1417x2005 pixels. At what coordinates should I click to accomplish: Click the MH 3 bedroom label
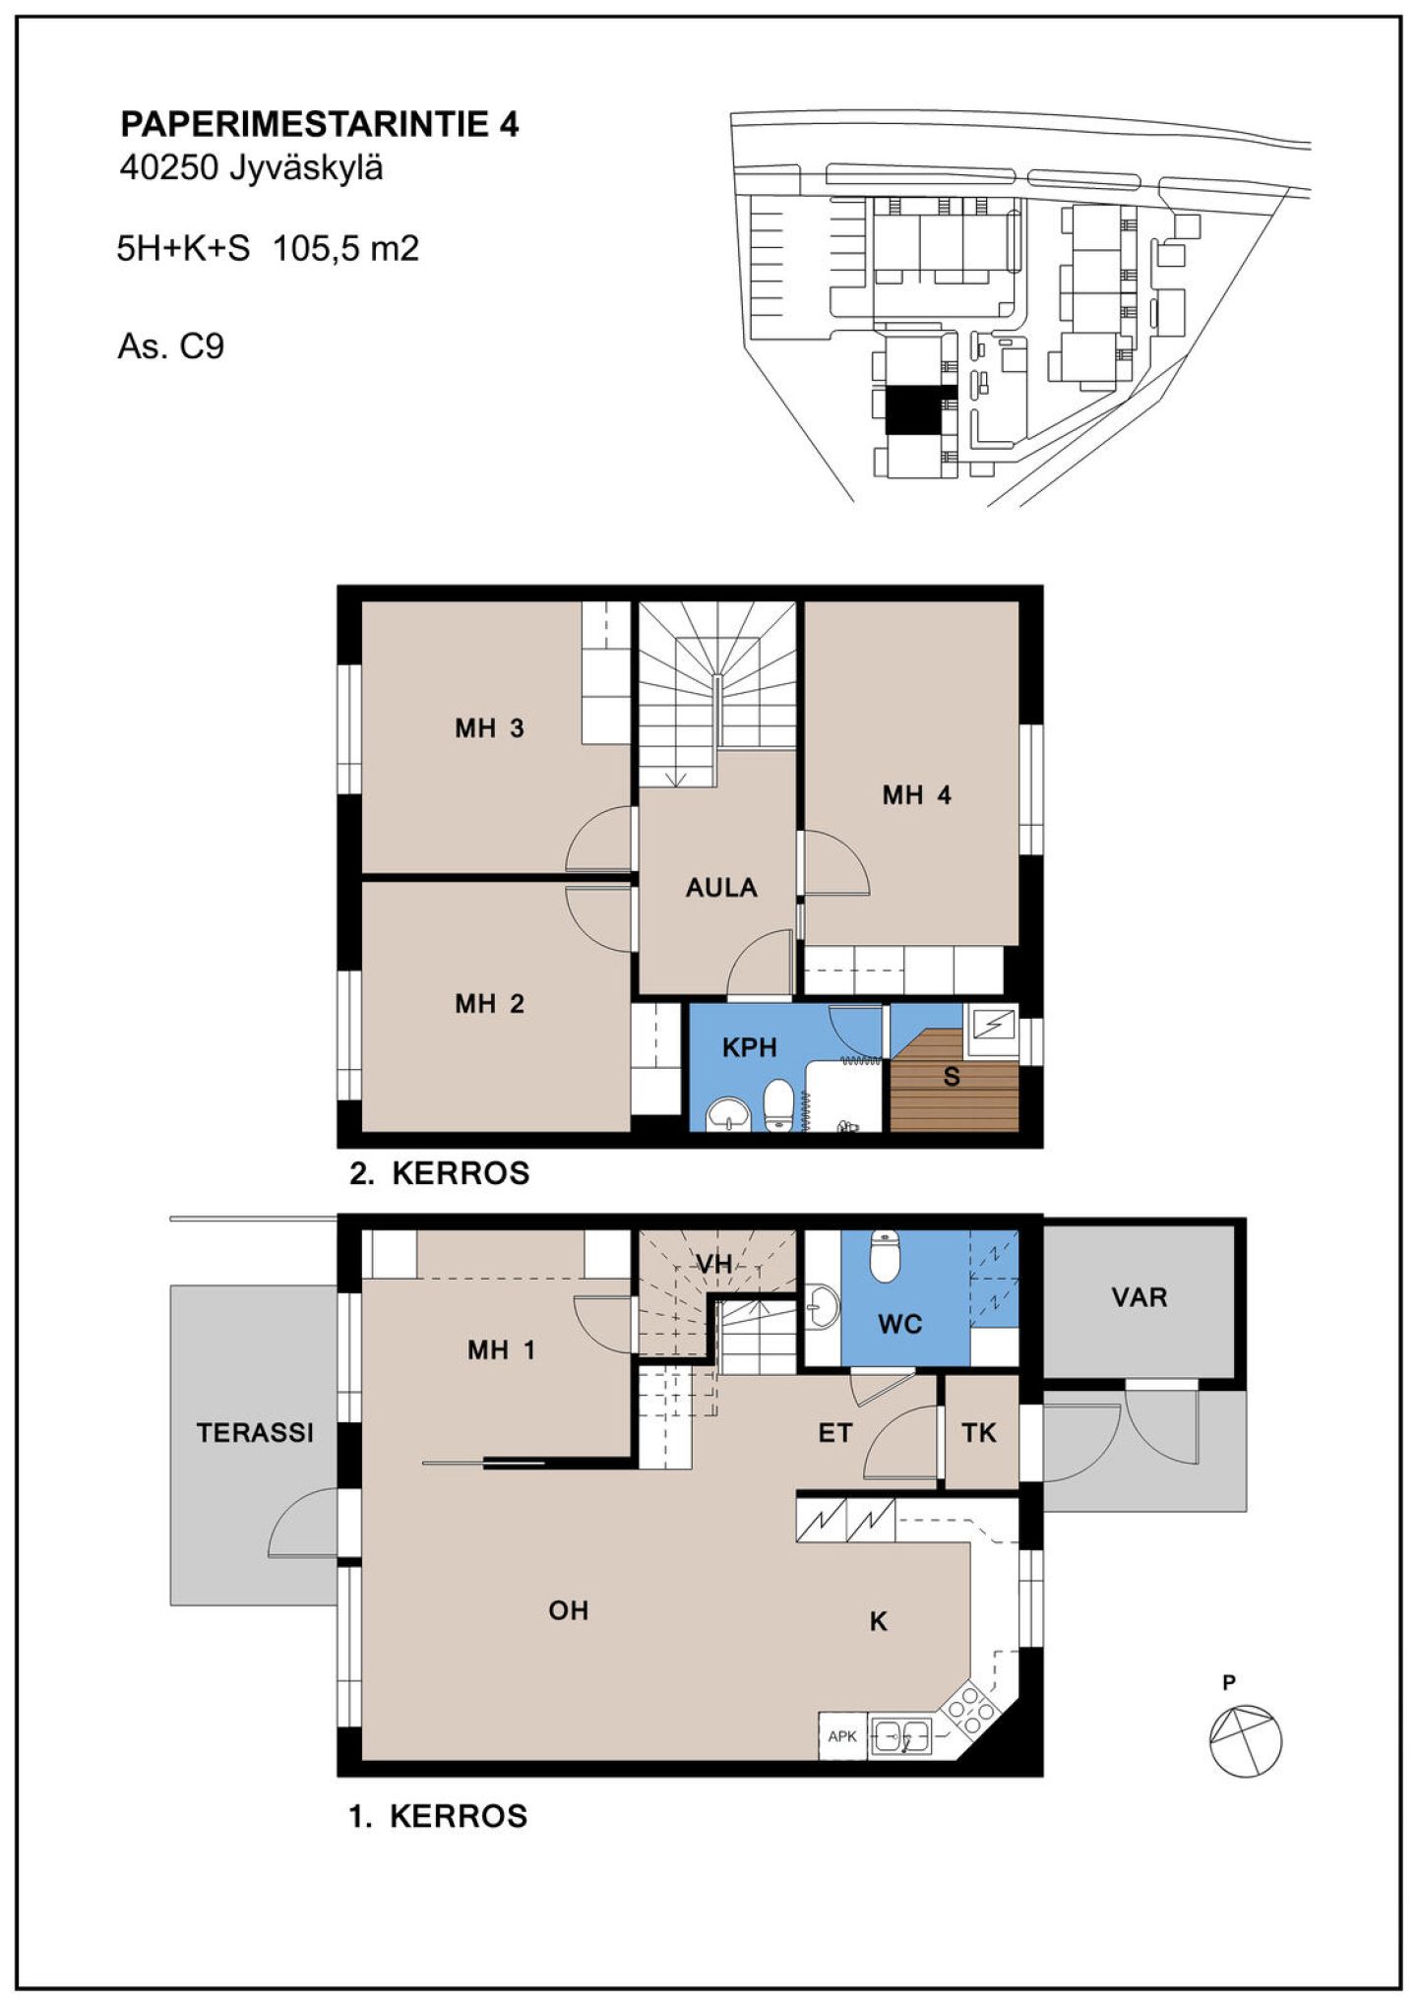pos(489,728)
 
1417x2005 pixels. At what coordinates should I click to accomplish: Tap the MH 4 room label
pos(916,795)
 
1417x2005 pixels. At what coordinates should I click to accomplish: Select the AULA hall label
pos(721,888)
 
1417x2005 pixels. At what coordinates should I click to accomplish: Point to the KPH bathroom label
pos(750,1047)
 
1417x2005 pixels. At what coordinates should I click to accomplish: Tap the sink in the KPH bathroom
pos(728,1112)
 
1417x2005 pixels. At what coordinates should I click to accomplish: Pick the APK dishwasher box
pos(842,1735)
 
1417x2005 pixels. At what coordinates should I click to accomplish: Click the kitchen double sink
pos(901,1736)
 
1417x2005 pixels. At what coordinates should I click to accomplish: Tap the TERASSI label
pos(255,1433)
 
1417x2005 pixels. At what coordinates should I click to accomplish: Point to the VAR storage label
pos(1140,1297)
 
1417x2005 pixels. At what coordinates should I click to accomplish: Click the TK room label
pos(979,1433)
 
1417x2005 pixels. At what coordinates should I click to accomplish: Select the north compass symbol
pos(1245,1740)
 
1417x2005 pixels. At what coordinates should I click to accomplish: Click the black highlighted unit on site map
pos(913,409)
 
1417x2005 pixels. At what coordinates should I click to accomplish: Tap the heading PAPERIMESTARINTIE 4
pos(320,125)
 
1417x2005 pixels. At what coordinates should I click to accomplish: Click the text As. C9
pos(171,346)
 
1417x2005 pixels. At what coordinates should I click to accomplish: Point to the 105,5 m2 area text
pos(345,248)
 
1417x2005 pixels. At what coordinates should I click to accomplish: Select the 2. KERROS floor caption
pos(440,1173)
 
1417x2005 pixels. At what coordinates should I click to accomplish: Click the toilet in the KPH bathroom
pos(778,1105)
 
